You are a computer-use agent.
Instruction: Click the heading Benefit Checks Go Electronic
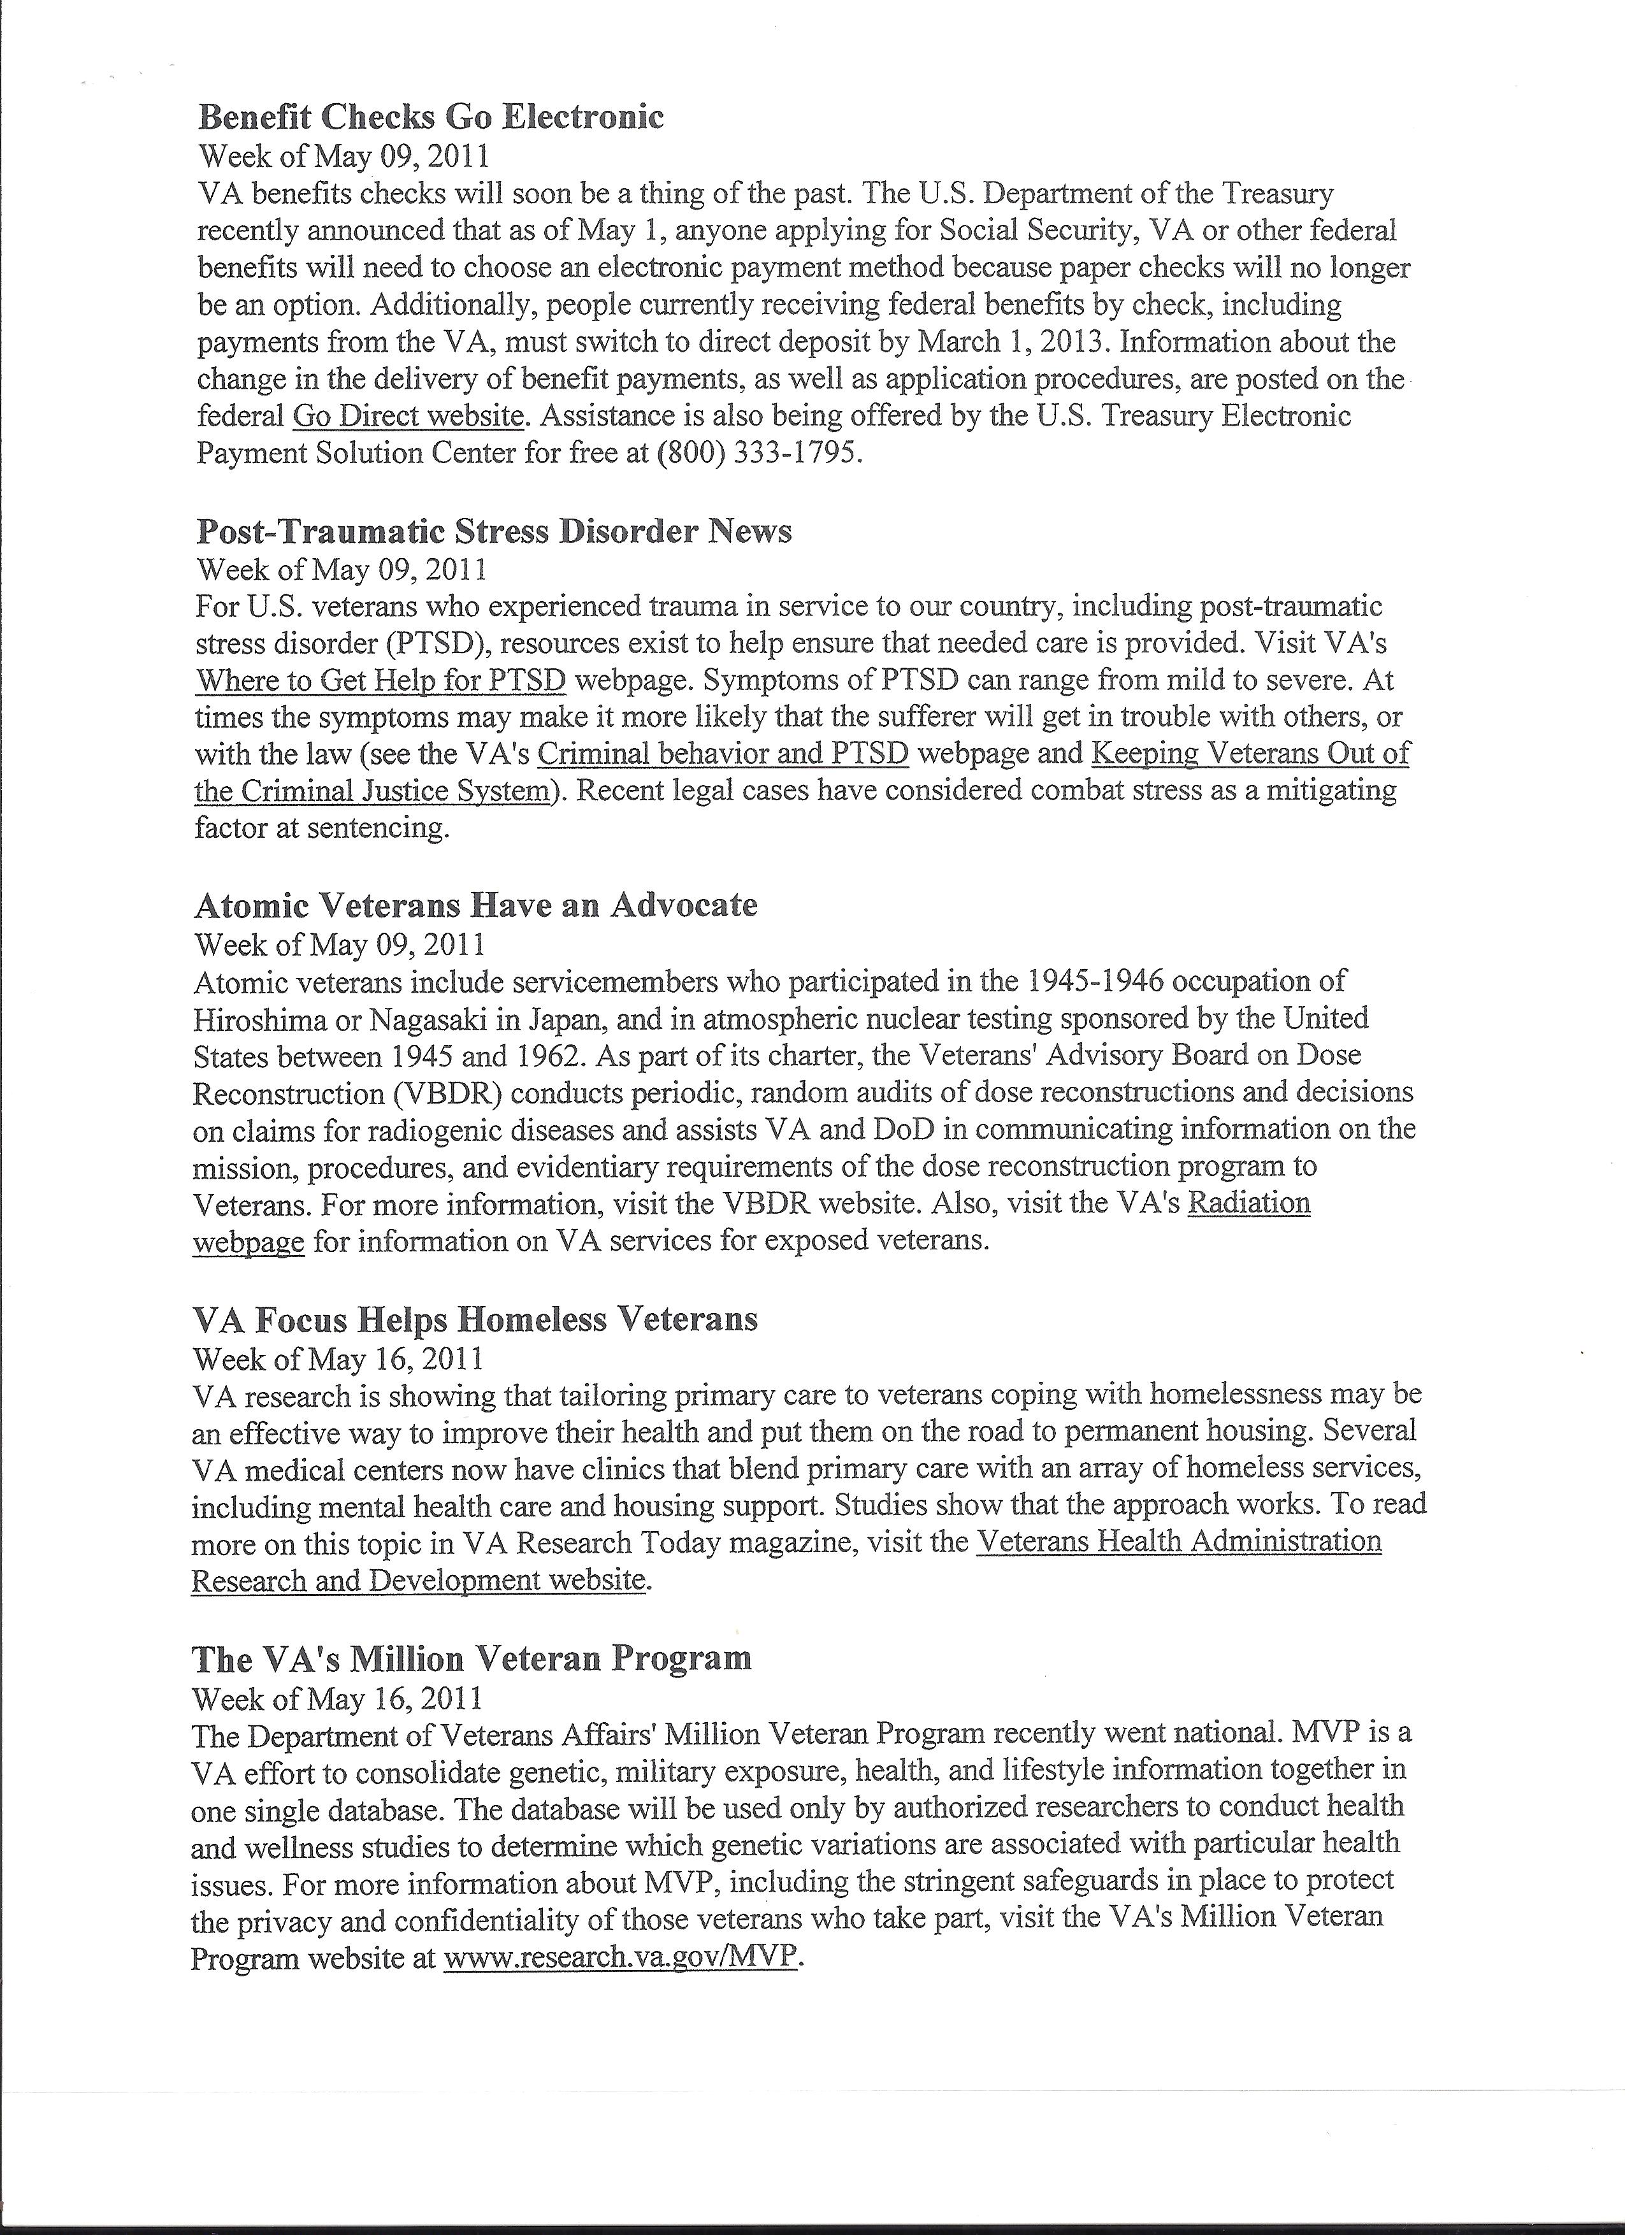(431, 117)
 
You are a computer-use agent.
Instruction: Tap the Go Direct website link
(408, 416)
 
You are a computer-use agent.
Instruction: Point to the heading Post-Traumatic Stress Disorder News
(494, 532)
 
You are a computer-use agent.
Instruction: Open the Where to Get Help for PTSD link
(380, 680)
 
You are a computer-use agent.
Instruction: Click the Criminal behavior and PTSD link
(723, 754)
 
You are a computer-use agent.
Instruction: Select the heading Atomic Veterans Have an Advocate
(476, 905)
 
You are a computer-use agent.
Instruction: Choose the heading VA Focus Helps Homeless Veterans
(475, 1319)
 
